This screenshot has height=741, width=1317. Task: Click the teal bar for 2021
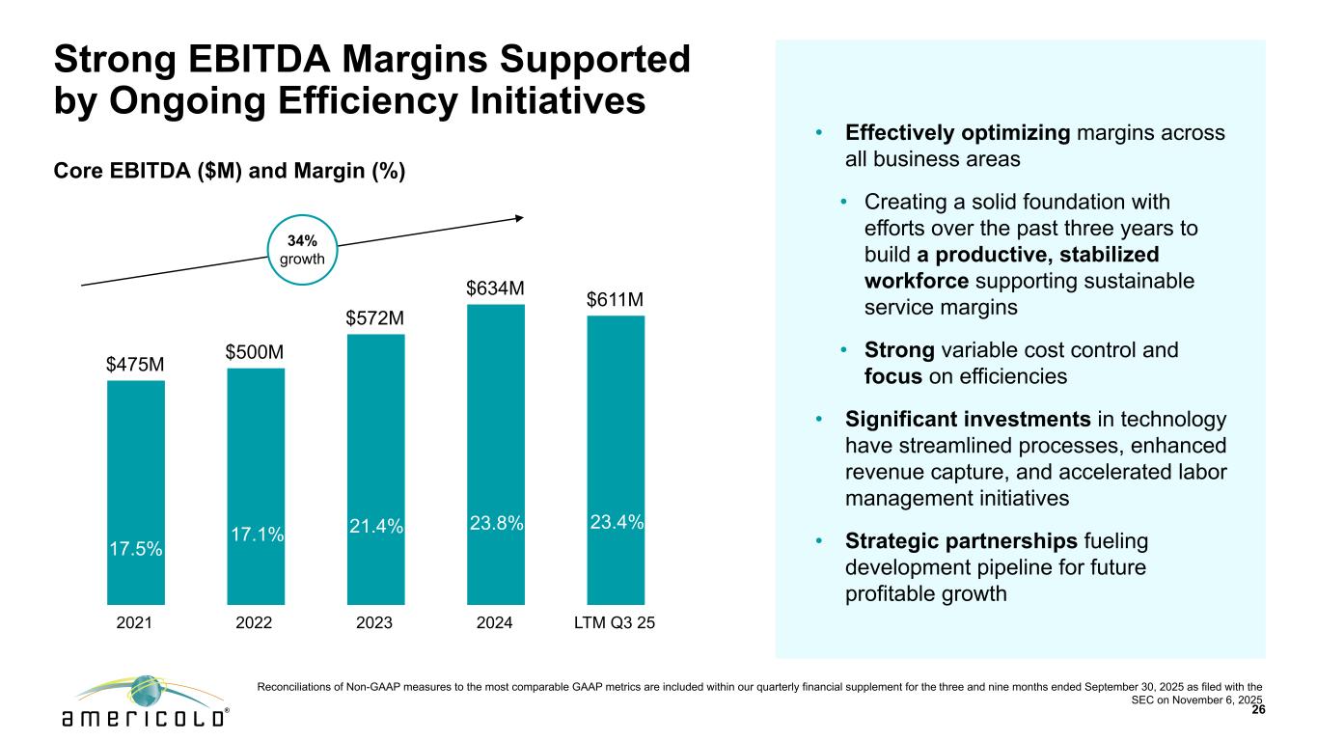pos(135,463)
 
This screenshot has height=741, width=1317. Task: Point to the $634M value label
pos(495,288)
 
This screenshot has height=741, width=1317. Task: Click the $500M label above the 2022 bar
pos(255,352)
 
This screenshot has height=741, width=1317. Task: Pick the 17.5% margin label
pos(135,548)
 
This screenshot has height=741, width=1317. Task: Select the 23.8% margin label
pos(496,523)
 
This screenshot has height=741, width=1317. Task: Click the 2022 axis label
pos(255,623)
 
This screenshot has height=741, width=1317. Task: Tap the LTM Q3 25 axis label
pos(616,623)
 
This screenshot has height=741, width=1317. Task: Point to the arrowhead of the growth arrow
pos(519,217)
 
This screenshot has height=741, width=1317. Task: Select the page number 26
pos(1257,710)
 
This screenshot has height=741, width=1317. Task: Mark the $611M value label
pos(616,301)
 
